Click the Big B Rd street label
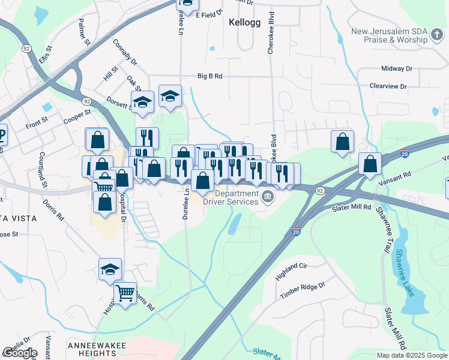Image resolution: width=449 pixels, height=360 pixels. (x=210, y=76)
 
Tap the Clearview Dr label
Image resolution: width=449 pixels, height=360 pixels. (x=388, y=86)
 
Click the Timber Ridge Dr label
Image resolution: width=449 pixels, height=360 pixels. (x=302, y=290)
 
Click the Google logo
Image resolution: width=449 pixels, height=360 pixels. (x=19, y=353)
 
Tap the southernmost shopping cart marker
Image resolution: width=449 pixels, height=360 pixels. (x=125, y=293)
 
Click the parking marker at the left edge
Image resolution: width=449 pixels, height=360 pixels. (x=2, y=136)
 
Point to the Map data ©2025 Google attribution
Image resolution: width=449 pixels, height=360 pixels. (x=411, y=355)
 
